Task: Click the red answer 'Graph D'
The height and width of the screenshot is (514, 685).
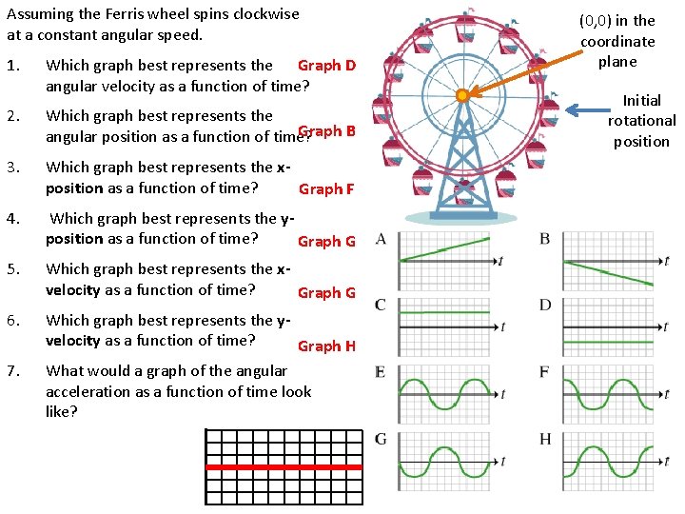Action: pos(326,66)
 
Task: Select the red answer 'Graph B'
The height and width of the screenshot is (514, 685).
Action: pos(326,131)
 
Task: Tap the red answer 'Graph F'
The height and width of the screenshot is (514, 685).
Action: pos(326,189)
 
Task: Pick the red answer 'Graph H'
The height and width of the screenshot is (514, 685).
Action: pos(326,346)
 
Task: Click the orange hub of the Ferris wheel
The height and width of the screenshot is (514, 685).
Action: pos(462,95)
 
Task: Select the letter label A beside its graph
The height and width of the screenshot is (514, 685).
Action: pos(381,238)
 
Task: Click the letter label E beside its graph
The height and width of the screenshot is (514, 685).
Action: pos(381,372)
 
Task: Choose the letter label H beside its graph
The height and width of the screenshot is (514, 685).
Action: pos(545,439)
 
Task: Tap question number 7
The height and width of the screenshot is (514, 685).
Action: pos(12,371)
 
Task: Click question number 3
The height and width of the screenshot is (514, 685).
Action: pos(12,168)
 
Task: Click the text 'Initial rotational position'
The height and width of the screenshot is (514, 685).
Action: pos(641,121)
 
